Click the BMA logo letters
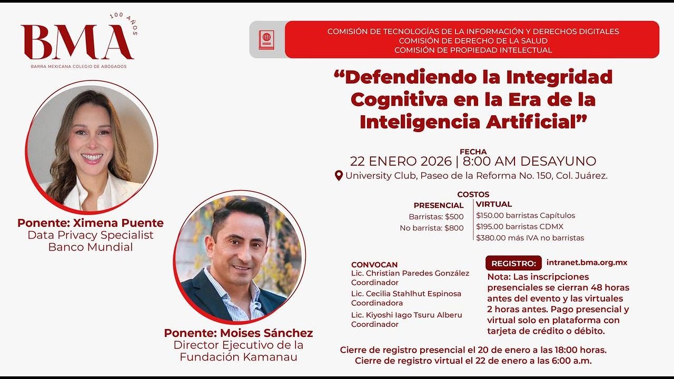[x=77, y=42]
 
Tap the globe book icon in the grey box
[x=266, y=39]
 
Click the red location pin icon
[x=339, y=176]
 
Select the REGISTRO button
[x=513, y=263]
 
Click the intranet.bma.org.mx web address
[x=587, y=263]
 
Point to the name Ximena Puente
[x=118, y=223]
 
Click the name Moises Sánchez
[x=266, y=333]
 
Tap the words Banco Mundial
[x=91, y=247]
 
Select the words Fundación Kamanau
[x=239, y=357]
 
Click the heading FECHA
[x=473, y=152]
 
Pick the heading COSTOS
[x=473, y=194]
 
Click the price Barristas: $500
[x=436, y=216]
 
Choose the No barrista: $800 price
[x=431, y=228]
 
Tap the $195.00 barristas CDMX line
[x=520, y=226]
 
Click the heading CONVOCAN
[x=374, y=265]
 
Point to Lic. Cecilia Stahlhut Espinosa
[x=406, y=294]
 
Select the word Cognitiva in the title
[x=399, y=100]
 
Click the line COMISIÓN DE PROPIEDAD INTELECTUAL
[x=473, y=50]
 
